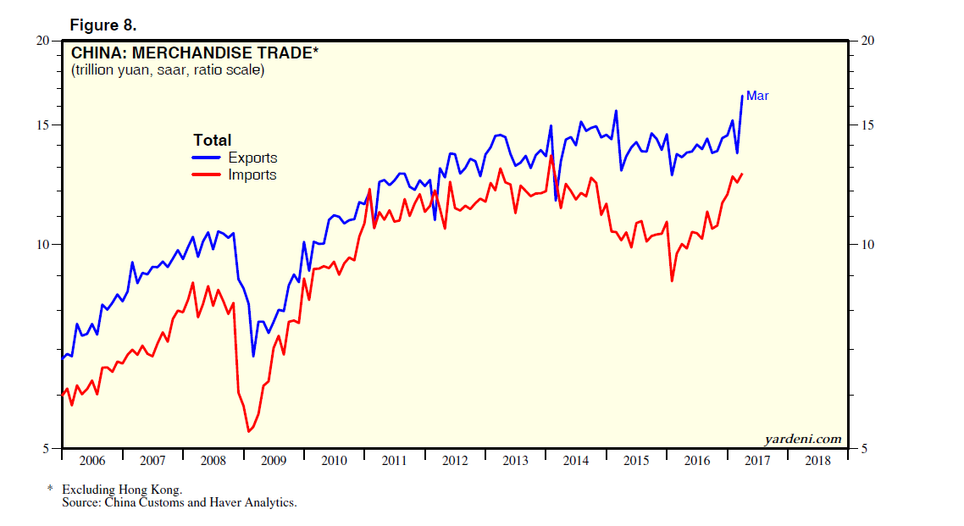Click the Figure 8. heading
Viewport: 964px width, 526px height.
coord(102,25)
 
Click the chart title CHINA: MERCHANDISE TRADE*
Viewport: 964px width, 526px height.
coord(195,53)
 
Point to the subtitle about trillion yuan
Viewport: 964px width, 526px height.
coord(168,70)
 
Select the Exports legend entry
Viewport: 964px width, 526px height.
coord(252,158)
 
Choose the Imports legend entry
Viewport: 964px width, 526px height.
coord(252,174)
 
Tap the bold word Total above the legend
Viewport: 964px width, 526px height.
coord(212,141)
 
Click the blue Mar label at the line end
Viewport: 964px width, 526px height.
coord(757,96)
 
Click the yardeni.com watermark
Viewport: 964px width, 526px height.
coord(802,439)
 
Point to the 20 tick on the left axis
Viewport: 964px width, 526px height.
coord(44,41)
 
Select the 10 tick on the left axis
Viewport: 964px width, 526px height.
coord(44,245)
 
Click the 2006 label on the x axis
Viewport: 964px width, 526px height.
coord(91,461)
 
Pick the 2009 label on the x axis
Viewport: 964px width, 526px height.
coord(273,461)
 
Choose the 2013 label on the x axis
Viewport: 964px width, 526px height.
coord(515,461)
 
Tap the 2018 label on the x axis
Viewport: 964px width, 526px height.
coord(817,461)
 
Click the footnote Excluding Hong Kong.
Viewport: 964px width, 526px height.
coord(122,490)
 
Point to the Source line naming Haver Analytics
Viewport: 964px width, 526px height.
coord(179,502)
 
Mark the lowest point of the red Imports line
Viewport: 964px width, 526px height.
coord(248,431)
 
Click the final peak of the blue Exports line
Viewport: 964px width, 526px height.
coord(743,95)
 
